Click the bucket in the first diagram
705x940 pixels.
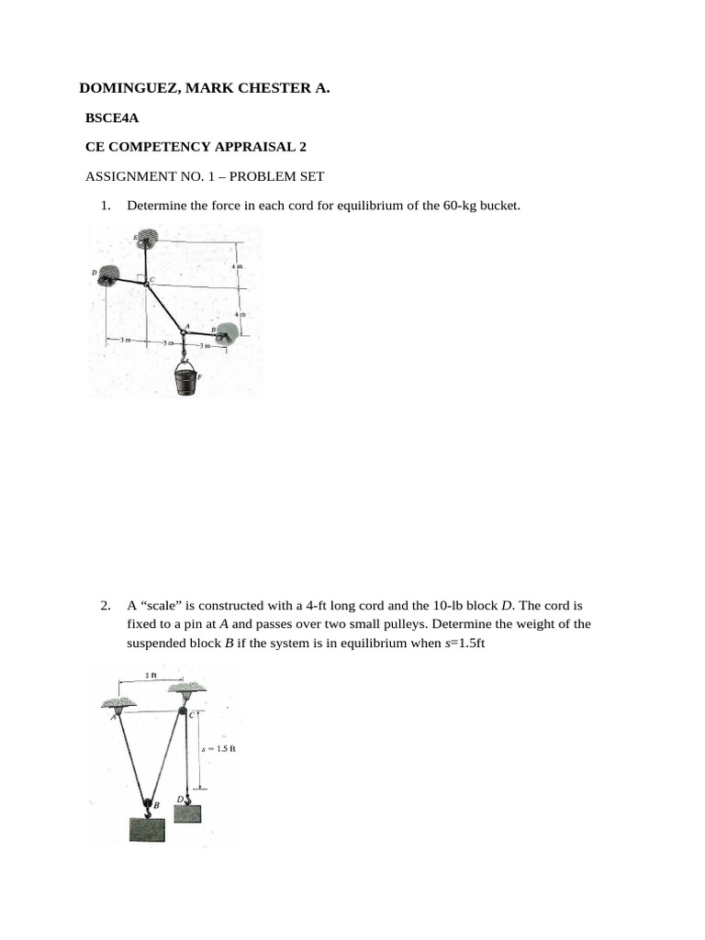coord(186,379)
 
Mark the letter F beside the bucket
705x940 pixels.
coord(201,377)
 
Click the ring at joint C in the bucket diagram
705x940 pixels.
coord(146,285)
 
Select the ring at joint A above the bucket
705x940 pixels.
coord(184,332)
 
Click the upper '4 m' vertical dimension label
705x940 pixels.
coord(237,266)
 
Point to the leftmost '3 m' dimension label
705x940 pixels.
coord(126,341)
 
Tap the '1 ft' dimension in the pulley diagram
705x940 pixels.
coord(152,676)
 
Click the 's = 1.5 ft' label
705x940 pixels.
coord(220,748)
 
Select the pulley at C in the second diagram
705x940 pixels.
coord(183,711)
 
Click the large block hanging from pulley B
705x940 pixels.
coord(147,828)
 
